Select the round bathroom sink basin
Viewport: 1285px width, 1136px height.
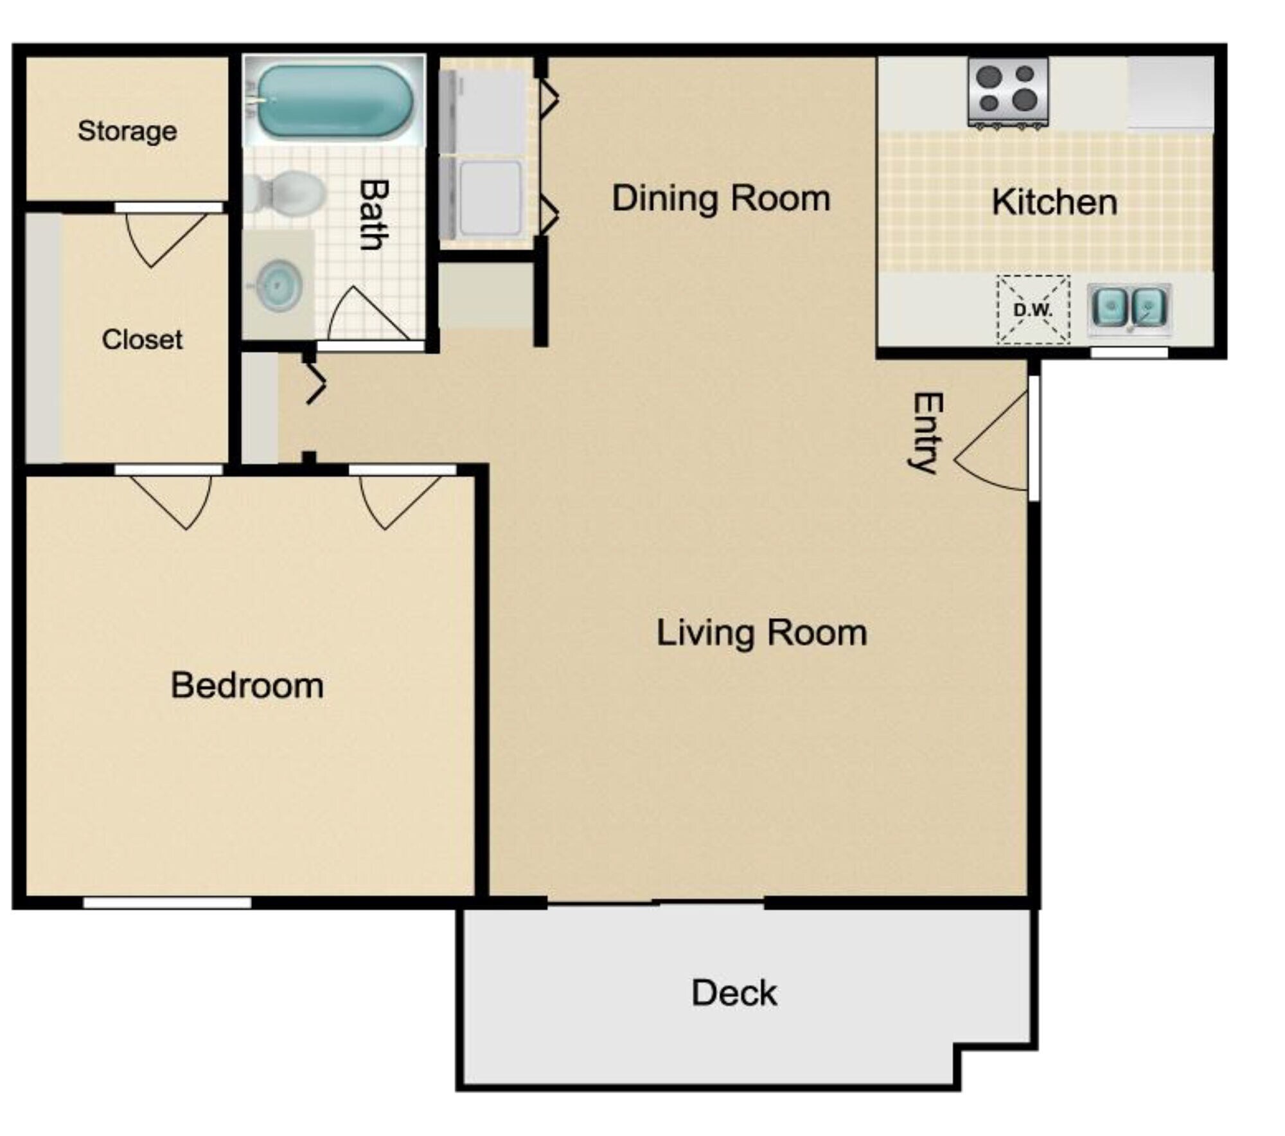[x=279, y=285]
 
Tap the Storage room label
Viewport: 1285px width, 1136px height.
[x=127, y=131]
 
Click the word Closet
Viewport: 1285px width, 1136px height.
[x=142, y=339]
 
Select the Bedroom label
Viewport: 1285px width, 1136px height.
[x=247, y=685]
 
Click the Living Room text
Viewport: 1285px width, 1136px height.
[x=761, y=632]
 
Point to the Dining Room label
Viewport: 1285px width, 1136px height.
[x=721, y=198]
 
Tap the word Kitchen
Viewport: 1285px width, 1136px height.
[x=1054, y=202]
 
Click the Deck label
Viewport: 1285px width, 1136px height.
[x=734, y=993]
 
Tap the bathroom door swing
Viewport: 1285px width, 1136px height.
[x=363, y=315]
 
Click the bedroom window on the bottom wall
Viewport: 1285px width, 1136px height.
[x=167, y=903]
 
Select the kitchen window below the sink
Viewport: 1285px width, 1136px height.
[x=1129, y=352]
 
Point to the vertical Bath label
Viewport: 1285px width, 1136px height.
[x=373, y=214]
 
